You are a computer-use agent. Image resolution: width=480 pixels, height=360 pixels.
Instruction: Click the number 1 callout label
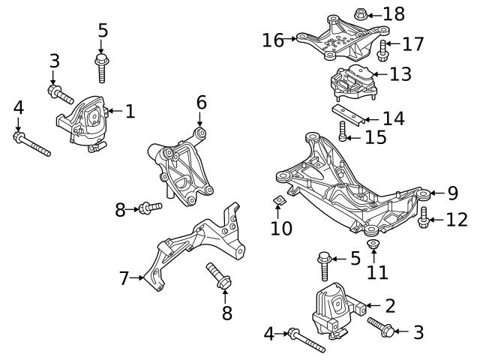(130, 112)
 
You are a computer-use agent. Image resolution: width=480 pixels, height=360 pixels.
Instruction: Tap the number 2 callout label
(389, 305)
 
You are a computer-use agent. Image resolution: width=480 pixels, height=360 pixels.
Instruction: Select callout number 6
(201, 101)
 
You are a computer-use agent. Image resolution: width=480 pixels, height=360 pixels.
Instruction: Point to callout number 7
(124, 279)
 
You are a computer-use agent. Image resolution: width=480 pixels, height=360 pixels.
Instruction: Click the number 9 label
(452, 193)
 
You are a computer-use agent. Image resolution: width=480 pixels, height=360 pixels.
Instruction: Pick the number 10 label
(281, 226)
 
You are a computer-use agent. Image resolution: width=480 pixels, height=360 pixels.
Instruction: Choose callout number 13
(401, 73)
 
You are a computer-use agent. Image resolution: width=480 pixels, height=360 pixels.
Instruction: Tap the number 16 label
(274, 40)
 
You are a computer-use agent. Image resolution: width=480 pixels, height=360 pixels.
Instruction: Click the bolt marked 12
(423, 218)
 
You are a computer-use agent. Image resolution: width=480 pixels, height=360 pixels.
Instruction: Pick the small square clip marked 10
(277, 200)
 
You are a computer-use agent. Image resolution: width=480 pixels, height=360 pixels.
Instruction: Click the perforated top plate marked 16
(337, 39)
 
